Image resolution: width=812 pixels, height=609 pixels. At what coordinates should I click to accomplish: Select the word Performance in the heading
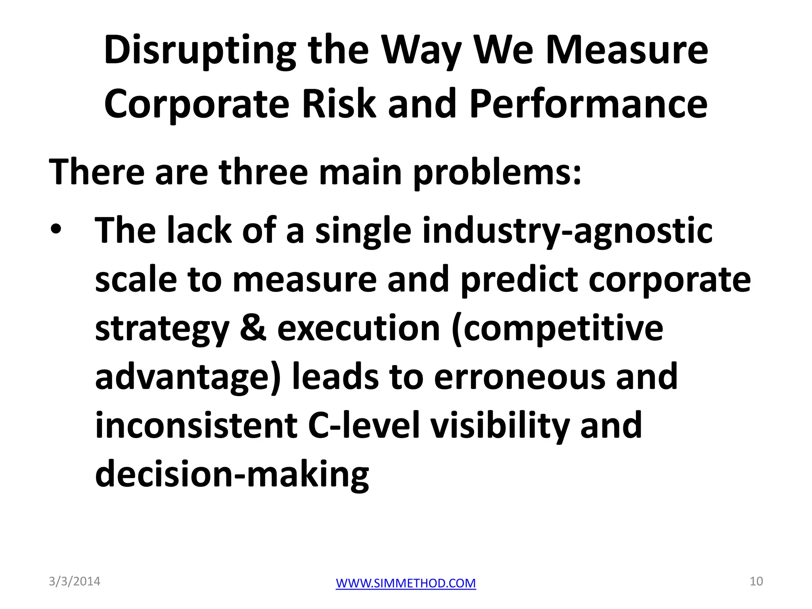coord(588,104)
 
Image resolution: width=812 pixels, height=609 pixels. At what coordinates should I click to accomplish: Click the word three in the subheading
coord(263,172)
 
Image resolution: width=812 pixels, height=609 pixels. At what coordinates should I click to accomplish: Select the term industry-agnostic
coord(567,232)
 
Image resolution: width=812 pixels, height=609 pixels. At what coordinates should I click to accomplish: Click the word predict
coord(519,280)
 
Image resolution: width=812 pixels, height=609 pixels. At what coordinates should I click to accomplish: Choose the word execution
coord(358,328)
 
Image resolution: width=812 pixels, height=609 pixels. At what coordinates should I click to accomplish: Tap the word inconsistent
coord(196,425)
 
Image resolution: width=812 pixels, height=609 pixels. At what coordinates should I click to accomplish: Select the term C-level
coord(364,425)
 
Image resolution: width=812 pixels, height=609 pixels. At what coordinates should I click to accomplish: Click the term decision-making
coord(232,474)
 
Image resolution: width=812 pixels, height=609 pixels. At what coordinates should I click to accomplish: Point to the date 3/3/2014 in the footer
coord(75,581)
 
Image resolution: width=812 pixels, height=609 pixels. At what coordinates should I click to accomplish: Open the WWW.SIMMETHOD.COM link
coord(406,583)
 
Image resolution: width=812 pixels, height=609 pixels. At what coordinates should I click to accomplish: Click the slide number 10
coord(756,581)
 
